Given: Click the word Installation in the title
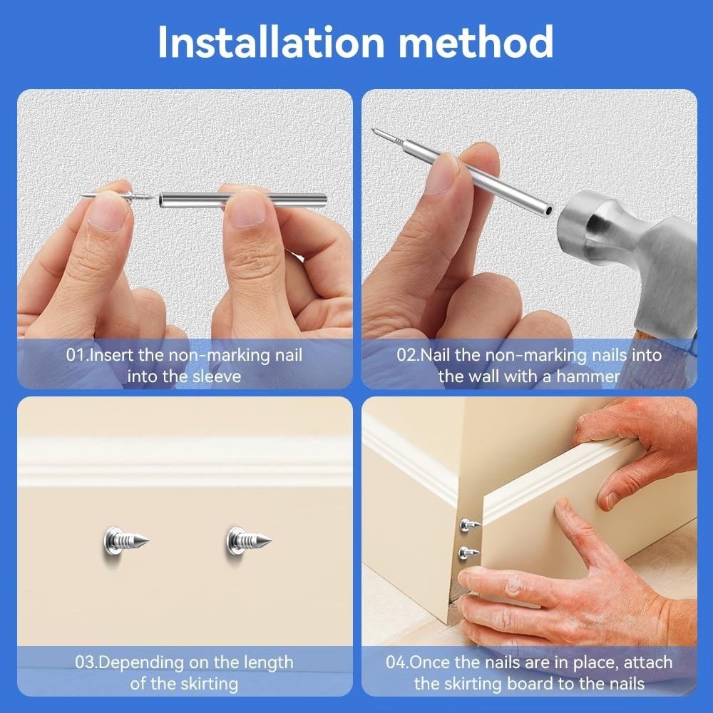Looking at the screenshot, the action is (272, 42).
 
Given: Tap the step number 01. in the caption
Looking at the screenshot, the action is (77, 354).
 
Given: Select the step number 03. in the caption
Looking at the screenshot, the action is (86, 662).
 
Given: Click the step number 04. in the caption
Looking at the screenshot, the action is (397, 662).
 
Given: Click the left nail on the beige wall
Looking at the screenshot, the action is (125, 541).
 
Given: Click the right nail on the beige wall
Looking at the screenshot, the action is (248, 541).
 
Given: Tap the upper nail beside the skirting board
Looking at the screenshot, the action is (470, 525).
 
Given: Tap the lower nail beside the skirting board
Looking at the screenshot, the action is (469, 553).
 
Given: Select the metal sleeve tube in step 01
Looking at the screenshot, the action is (243, 200).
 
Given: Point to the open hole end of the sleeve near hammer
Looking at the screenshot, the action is (549, 210).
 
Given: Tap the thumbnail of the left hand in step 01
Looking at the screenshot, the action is (108, 210).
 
